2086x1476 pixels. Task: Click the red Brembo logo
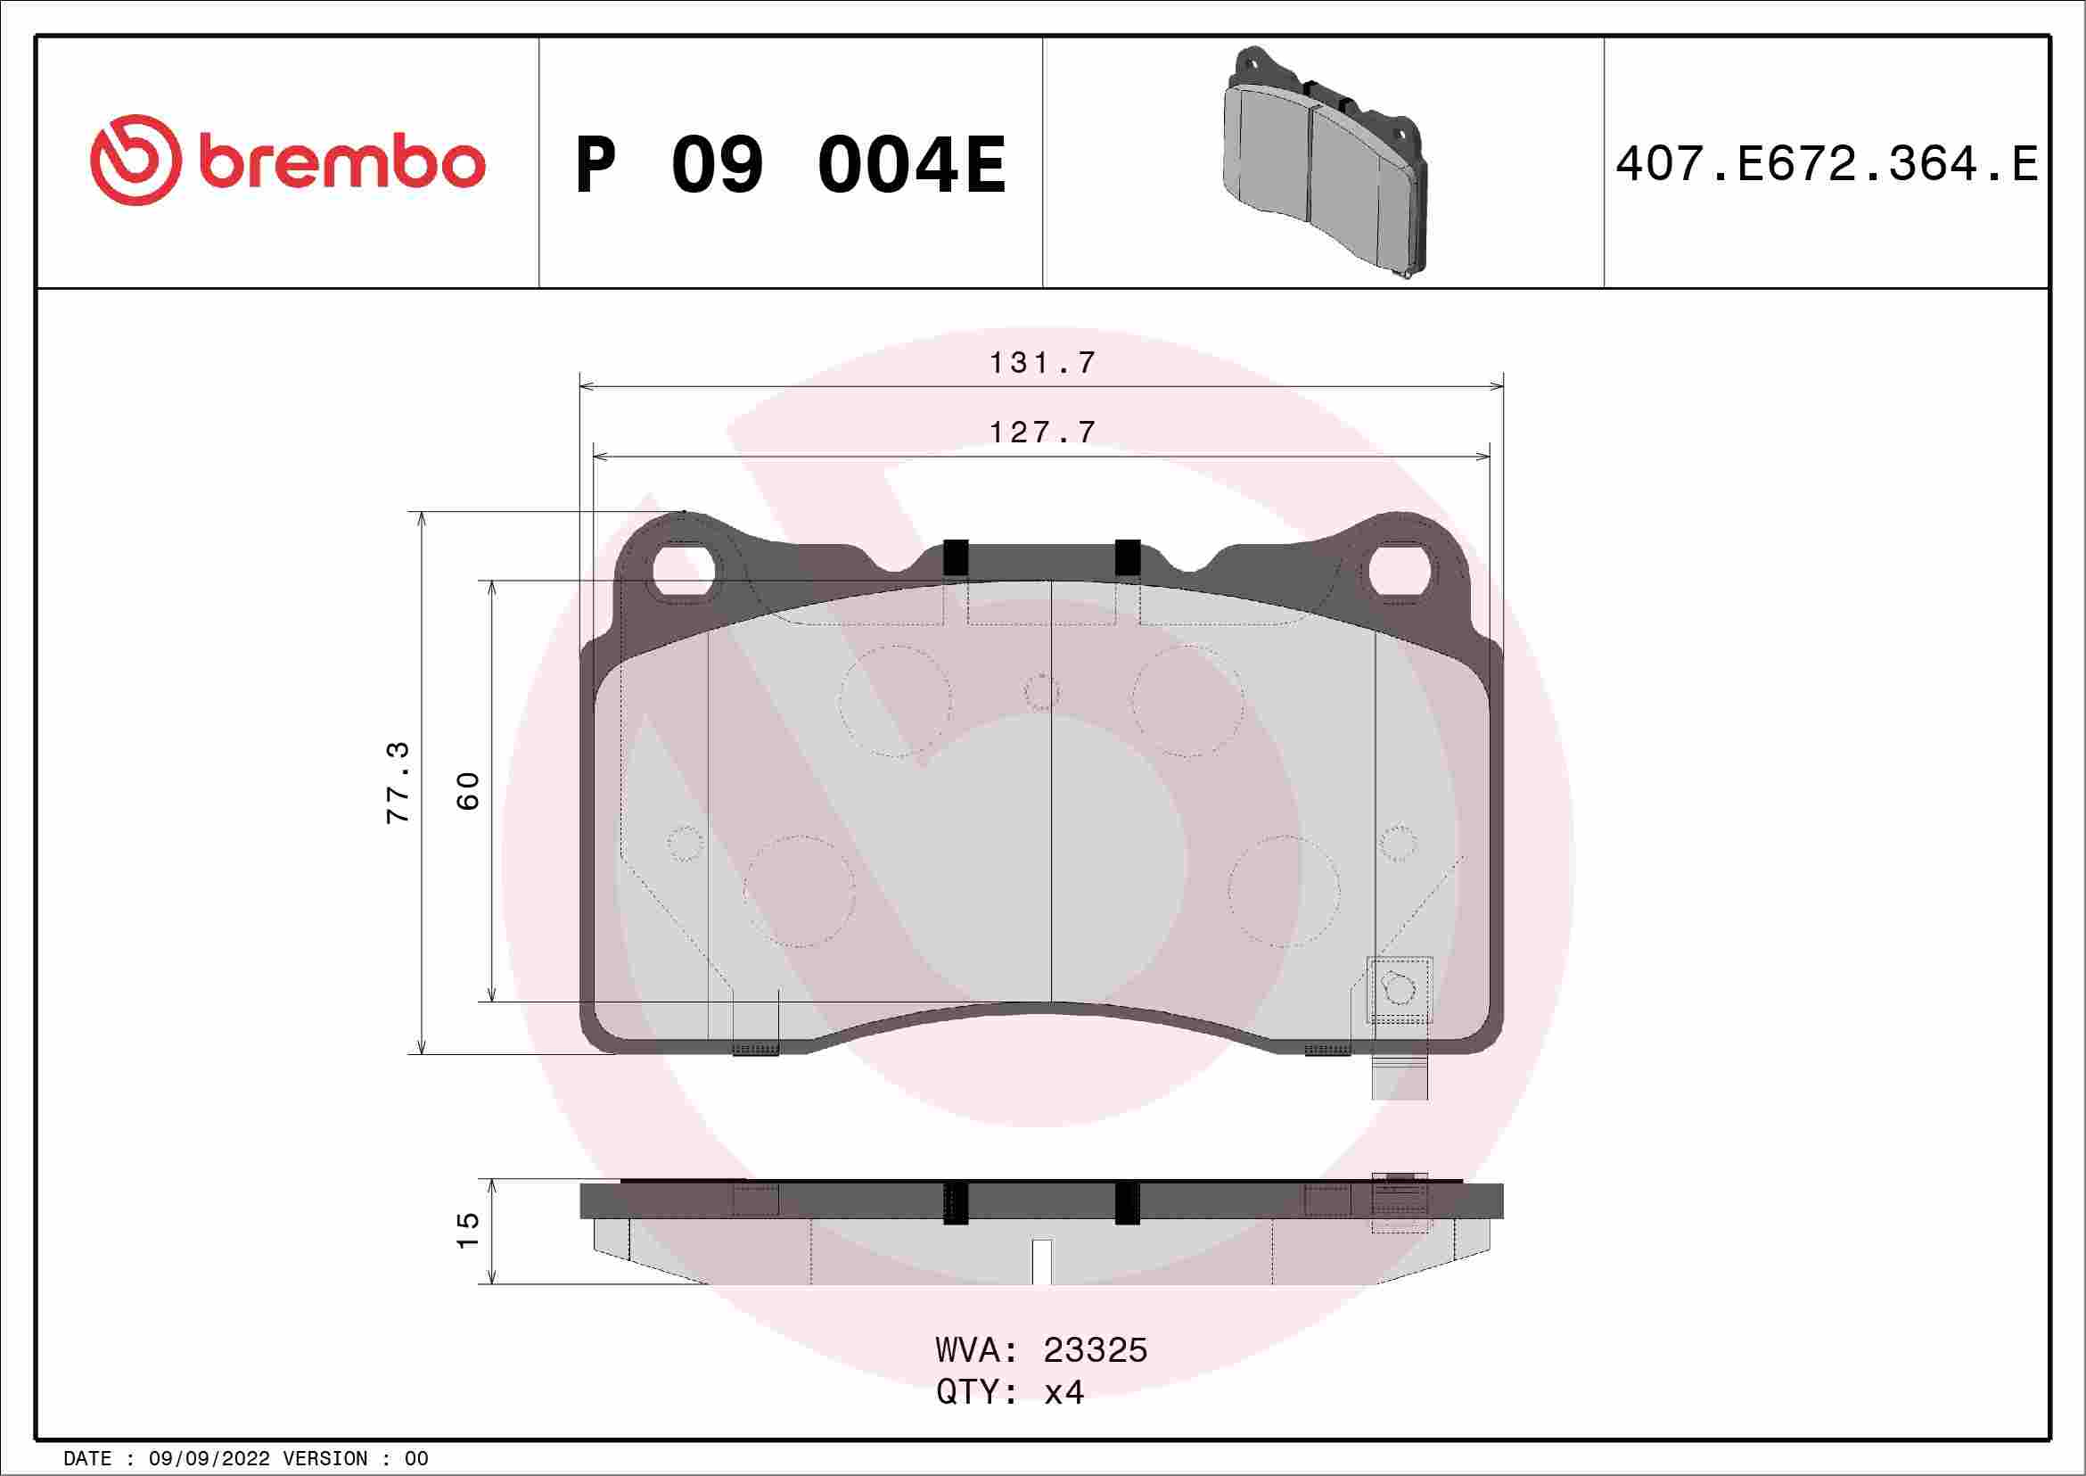tap(287, 160)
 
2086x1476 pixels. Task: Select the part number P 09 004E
tap(792, 164)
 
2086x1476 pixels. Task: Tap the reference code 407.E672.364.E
tap(1827, 164)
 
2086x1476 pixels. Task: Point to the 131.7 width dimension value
tap(1042, 363)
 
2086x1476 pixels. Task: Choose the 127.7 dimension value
tap(1042, 432)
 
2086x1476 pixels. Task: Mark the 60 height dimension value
tap(467, 791)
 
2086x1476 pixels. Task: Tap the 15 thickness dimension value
tap(467, 1231)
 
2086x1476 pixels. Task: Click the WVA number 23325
tap(1095, 1350)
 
